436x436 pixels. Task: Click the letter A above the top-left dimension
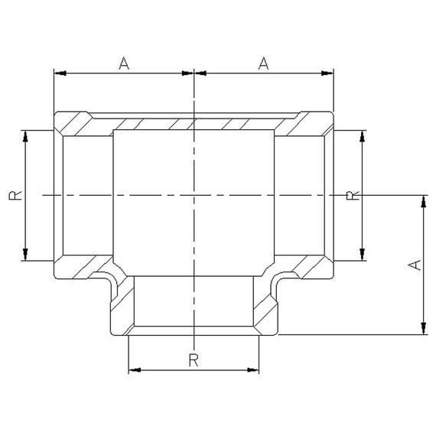tap(124, 63)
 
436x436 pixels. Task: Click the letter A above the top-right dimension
tap(264, 63)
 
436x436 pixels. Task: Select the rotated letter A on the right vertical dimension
tap(414, 265)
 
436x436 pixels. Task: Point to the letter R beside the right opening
tap(351, 196)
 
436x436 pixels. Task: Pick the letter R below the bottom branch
tap(194, 359)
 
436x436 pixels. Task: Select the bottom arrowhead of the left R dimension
tap(26, 255)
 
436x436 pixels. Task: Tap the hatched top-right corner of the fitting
tap(317, 122)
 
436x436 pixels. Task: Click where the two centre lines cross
tap(195, 196)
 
